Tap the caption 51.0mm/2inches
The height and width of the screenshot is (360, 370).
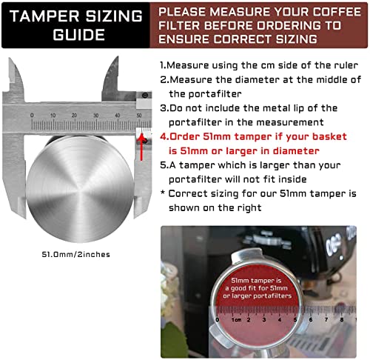click(x=76, y=254)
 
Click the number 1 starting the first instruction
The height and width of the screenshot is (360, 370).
click(x=162, y=65)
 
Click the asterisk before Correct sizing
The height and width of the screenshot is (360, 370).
click(x=162, y=192)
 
